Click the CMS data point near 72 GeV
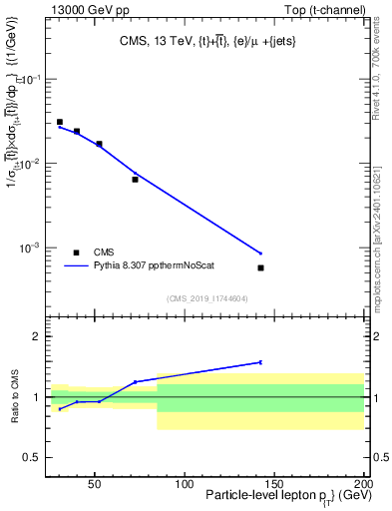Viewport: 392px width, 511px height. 135,180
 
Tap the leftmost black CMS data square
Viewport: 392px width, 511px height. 60,122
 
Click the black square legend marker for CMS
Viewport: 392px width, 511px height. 76,253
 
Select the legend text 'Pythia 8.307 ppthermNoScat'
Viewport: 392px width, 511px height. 156,265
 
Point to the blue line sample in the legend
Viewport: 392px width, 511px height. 76,265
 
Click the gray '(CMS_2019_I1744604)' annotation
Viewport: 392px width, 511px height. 206,297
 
